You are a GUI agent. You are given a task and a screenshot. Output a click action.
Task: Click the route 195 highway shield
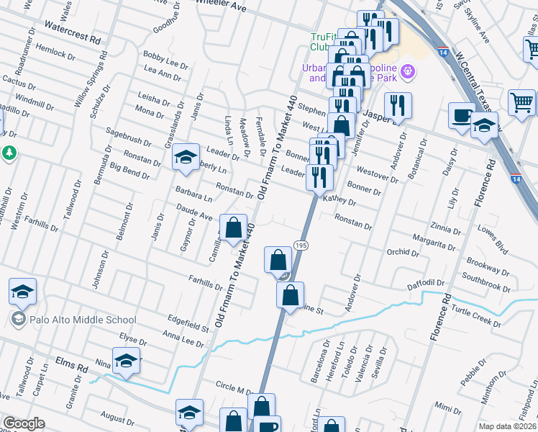click(x=301, y=246)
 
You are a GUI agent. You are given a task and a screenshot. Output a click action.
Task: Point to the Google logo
click(x=24, y=423)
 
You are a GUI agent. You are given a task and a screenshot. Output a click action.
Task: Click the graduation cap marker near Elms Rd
click(x=127, y=361)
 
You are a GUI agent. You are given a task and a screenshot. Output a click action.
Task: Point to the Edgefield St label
click(x=179, y=320)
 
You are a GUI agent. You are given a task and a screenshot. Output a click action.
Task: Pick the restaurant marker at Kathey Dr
click(x=319, y=177)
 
